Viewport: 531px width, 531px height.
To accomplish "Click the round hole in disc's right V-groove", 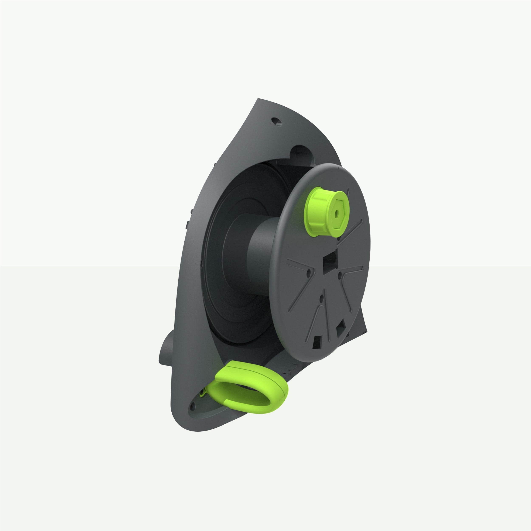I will coord(340,274).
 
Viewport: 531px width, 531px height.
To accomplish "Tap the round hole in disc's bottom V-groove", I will coord(321,297).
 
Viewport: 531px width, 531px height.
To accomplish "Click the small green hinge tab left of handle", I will coord(203,394).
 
